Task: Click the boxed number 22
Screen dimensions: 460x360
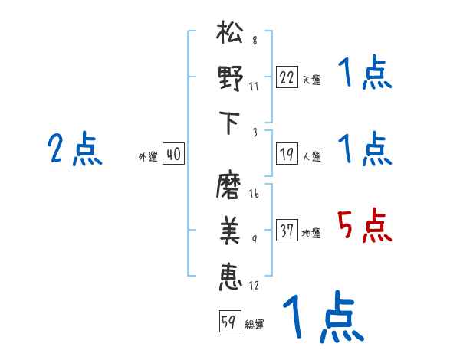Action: tap(287, 77)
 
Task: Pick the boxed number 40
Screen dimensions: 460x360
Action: tap(173, 155)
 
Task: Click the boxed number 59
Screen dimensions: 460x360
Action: tap(228, 322)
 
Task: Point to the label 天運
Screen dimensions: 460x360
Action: tap(311, 80)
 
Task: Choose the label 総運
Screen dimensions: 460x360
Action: tap(255, 325)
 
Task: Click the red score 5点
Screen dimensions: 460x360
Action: tap(365, 227)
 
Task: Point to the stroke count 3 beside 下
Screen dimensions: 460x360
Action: tap(254, 131)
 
